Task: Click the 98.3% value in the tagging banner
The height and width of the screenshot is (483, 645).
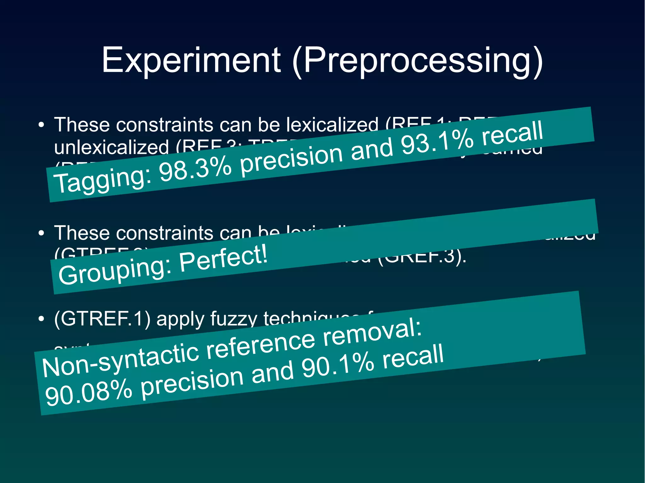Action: pyautogui.click(x=196, y=170)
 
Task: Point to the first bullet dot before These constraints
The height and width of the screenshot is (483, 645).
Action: pyautogui.click(x=41, y=125)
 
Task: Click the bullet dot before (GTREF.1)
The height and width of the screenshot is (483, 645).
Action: pyautogui.click(x=41, y=319)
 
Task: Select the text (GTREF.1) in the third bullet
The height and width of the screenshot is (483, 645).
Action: pyautogui.click(x=102, y=319)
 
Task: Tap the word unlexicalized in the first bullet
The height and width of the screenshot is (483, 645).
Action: pyautogui.click(x=111, y=147)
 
